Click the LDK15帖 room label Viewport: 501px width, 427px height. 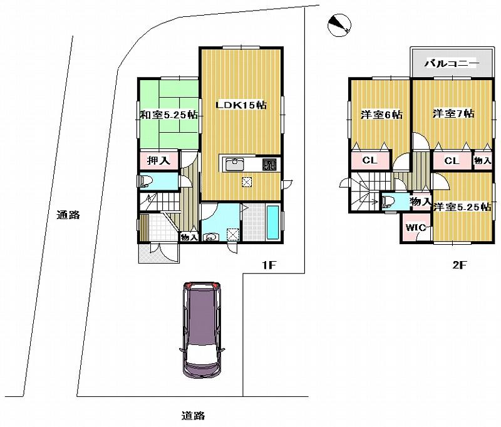(x=241, y=105)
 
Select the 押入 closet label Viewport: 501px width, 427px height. (x=158, y=160)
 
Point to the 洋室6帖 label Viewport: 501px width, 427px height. (x=381, y=115)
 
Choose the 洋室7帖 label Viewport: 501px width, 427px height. (x=453, y=113)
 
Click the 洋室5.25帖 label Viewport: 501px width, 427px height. (x=462, y=207)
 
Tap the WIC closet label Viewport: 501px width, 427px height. (x=416, y=227)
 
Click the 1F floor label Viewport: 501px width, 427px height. (x=269, y=265)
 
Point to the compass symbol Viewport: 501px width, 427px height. (x=339, y=24)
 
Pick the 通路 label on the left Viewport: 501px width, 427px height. (x=68, y=215)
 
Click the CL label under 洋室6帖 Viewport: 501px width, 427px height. (x=369, y=160)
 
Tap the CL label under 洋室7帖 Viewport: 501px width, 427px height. (x=452, y=161)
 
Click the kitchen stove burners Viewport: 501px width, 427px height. (x=269, y=165)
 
